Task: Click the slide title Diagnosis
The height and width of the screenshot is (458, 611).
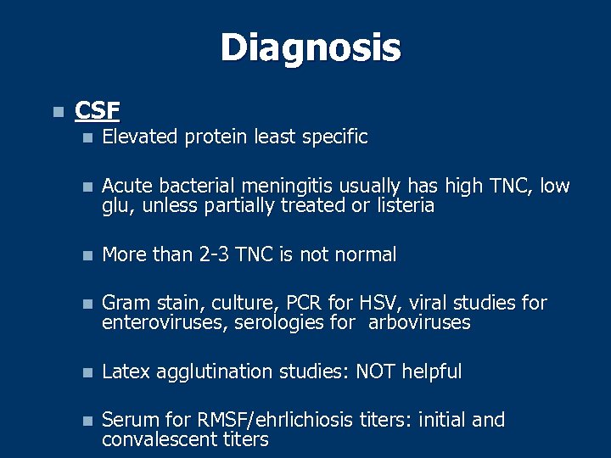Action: point(310,48)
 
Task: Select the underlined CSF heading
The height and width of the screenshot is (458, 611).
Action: point(98,110)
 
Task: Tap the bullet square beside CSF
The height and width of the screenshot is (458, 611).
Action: point(57,112)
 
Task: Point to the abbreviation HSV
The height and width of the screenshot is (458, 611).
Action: point(374,303)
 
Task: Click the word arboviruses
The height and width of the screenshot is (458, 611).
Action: point(418,323)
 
